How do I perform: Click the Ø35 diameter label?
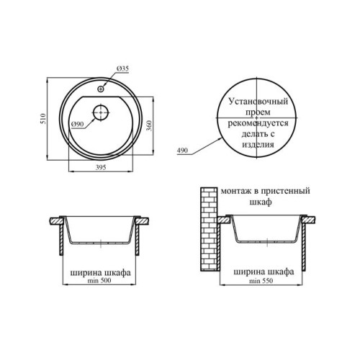(122, 68)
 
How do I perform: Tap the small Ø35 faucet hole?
(101, 89)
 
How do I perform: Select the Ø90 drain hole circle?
(101, 112)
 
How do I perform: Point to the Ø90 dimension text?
(78, 124)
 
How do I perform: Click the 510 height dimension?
(43, 119)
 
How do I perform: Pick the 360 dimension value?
(149, 125)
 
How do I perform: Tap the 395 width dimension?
(101, 167)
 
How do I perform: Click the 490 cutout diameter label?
(182, 150)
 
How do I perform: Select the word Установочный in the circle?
(258, 101)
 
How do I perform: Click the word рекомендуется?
(258, 123)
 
